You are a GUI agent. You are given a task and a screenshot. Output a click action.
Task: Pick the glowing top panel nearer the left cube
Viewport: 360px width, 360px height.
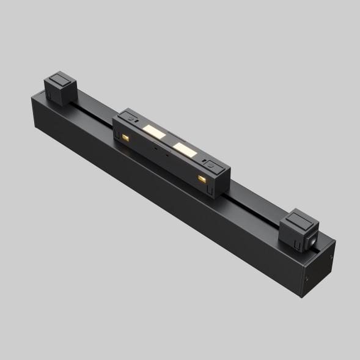click(154, 130)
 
